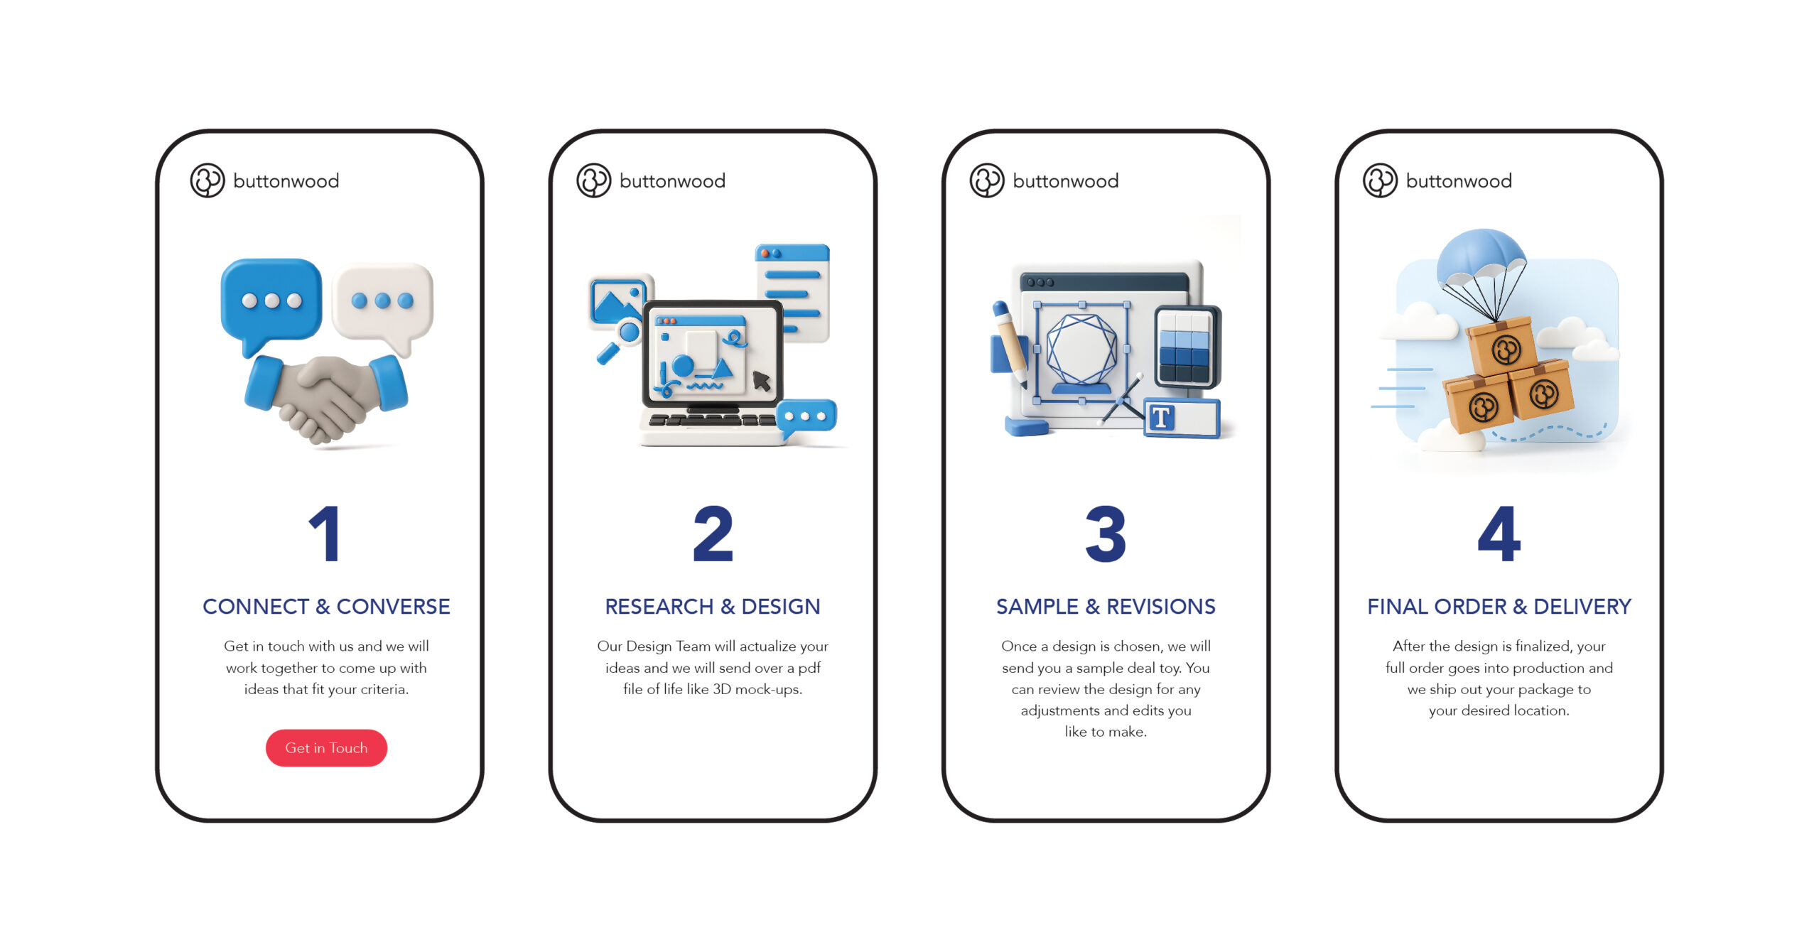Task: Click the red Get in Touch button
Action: (326, 747)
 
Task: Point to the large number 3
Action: (1106, 534)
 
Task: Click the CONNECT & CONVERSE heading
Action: (326, 606)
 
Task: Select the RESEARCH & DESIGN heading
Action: (713, 606)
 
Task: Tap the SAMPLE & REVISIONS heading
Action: (1106, 606)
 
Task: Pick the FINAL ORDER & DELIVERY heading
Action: (1499, 606)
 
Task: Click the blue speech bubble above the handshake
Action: (271, 302)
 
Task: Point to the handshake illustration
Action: (326, 398)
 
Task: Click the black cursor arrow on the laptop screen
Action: (761, 381)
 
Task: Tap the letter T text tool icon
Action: (1161, 418)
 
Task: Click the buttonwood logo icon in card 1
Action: (207, 180)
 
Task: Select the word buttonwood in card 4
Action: (1459, 181)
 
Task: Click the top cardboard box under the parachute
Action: (1501, 347)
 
